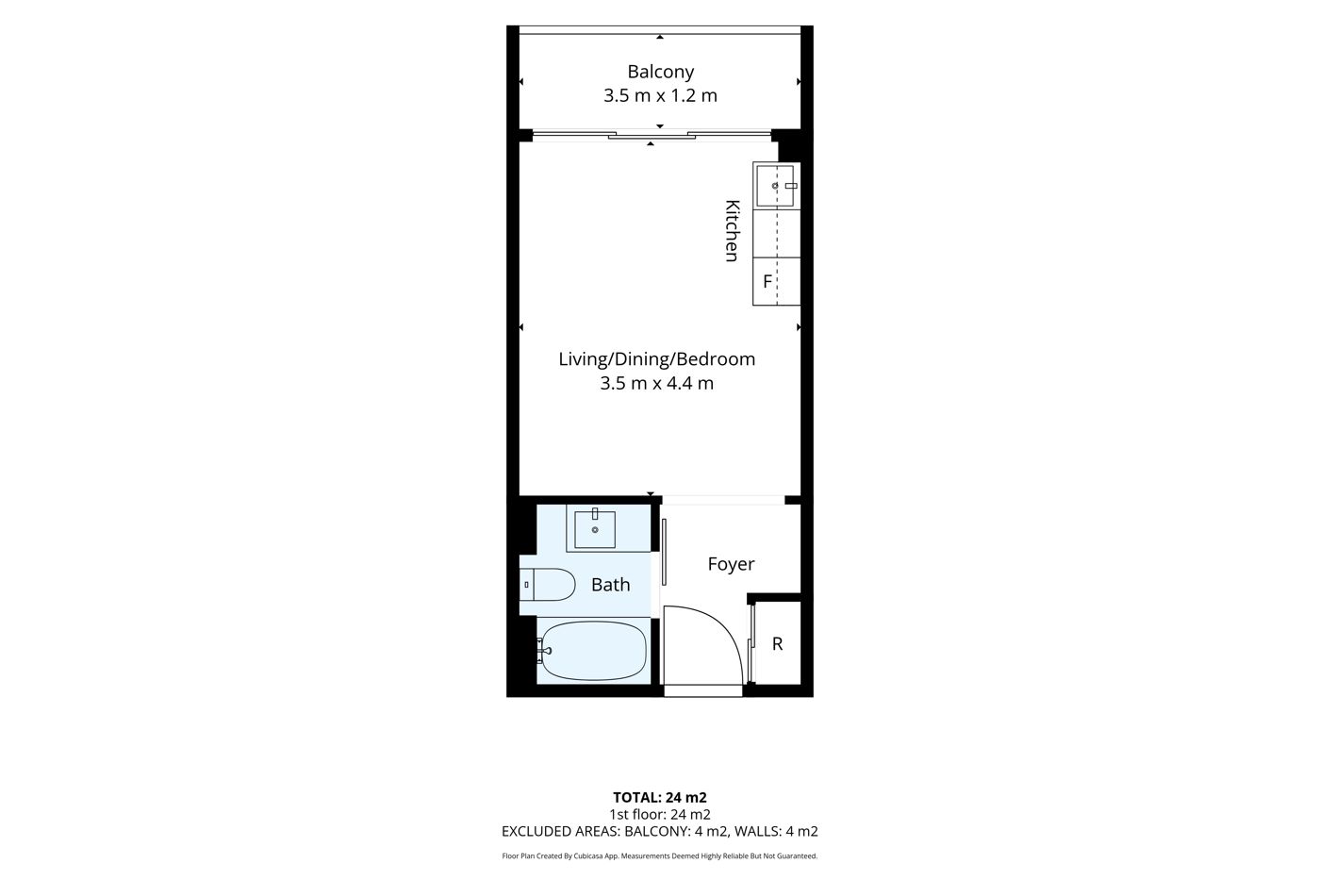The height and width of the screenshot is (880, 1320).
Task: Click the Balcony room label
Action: coord(660,72)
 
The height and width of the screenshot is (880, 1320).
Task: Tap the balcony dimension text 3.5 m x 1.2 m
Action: coord(660,95)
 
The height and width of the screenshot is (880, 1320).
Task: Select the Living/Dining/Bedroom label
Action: coord(656,359)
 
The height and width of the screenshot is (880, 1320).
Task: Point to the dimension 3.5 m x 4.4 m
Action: coord(656,383)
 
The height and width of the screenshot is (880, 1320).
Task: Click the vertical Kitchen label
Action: coord(732,230)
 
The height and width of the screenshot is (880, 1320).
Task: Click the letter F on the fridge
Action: coord(767,282)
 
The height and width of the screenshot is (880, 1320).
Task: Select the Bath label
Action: coord(611,585)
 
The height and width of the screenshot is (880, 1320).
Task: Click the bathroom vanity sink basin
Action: coord(595,529)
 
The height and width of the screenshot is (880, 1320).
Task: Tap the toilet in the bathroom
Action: coord(547,584)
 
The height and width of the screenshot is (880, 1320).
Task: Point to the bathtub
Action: coord(593,652)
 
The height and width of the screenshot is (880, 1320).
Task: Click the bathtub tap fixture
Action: coord(544,651)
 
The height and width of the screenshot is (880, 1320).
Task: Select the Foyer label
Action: coord(731,564)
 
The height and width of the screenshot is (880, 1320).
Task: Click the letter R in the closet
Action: coord(777,644)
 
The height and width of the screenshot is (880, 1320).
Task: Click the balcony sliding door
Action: coord(652,135)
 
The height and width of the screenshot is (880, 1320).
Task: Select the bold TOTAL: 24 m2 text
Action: coord(660,798)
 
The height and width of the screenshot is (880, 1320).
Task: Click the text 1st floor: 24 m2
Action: coord(660,815)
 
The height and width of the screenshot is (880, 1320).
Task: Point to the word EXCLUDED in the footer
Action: coord(536,832)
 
